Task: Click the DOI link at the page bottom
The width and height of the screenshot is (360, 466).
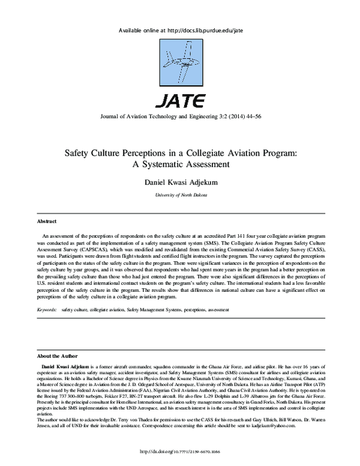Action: [180, 450]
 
